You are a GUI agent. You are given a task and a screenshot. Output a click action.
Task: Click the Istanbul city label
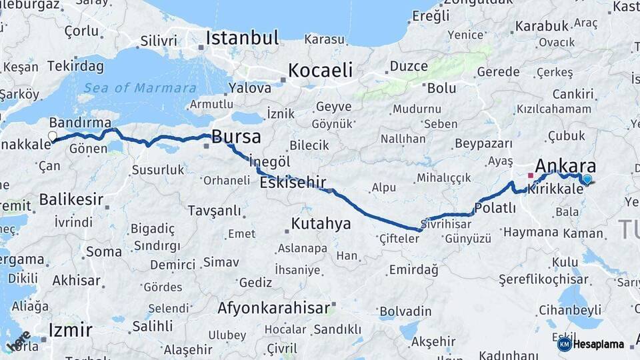click(242, 38)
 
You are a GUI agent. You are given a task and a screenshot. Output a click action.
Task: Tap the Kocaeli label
click(320, 70)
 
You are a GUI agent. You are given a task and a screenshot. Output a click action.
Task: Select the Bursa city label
click(236, 137)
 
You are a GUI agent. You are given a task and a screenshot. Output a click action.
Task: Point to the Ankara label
click(565, 166)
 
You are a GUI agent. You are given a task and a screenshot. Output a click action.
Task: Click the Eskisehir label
click(293, 183)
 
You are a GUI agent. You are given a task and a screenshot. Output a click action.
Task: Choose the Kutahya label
click(321, 223)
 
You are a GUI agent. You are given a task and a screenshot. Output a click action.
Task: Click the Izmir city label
click(70, 330)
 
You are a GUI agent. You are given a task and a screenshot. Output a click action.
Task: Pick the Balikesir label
click(71, 199)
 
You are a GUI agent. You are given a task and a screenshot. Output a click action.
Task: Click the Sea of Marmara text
click(140, 88)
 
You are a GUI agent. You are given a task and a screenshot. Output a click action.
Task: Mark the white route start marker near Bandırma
click(53, 137)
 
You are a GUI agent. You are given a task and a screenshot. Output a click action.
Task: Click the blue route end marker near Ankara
click(587, 179)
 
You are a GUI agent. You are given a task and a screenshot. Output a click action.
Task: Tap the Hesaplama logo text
click(599, 345)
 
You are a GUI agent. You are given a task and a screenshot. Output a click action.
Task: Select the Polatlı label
click(495, 208)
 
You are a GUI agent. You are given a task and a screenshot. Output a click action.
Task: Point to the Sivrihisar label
click(445, 224)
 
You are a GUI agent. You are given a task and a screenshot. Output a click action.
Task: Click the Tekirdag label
click(75, 66)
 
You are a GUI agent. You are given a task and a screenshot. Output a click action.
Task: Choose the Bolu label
click(441, 88)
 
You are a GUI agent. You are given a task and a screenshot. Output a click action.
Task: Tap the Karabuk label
click(542, 26)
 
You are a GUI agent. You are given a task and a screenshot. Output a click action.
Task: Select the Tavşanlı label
click(214, 211)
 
